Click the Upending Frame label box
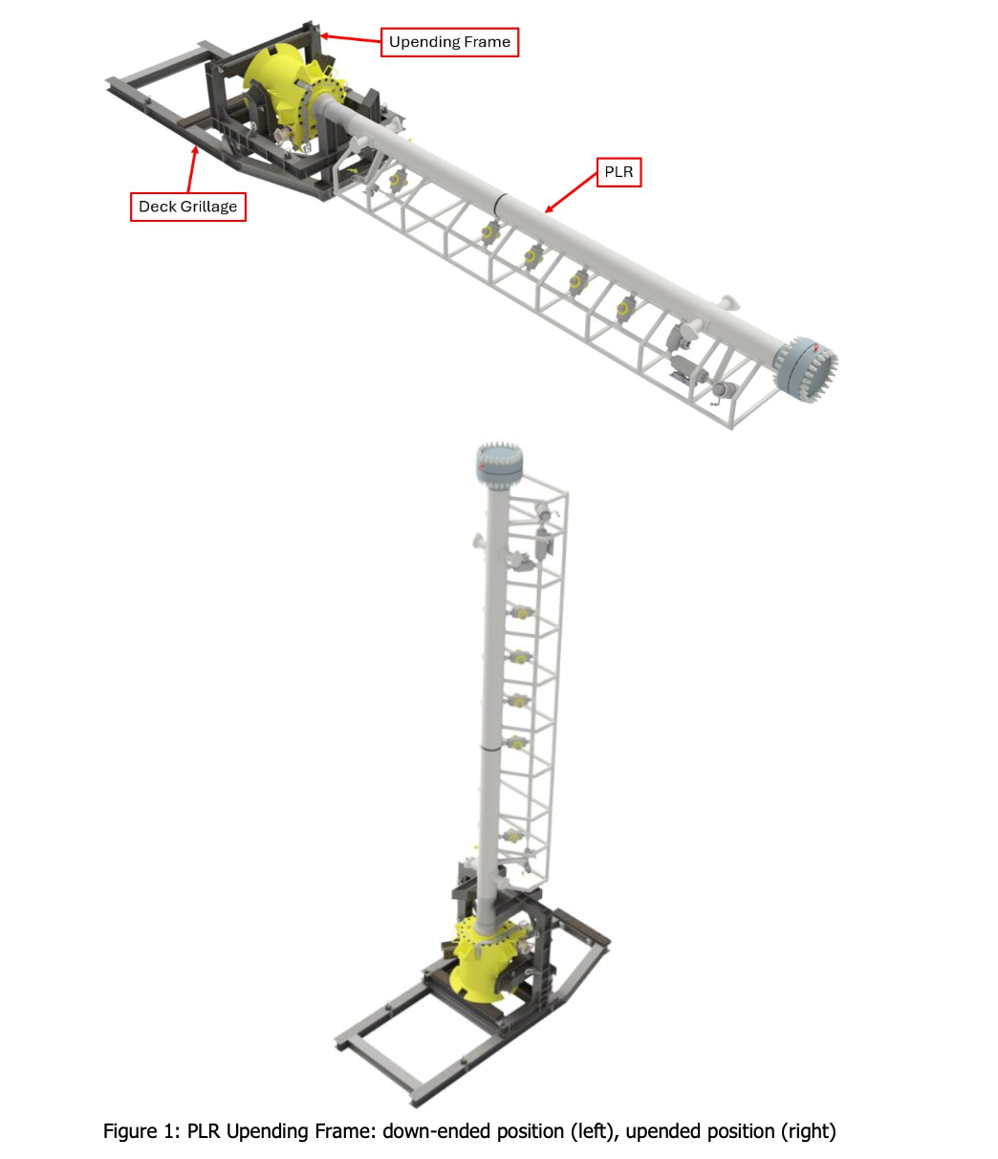point(449,42)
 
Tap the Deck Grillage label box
point(187,207)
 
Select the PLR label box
point(618,172)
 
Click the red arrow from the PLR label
point(571,193)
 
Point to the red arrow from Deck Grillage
point(192,168)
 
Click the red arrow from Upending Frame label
point(351,38)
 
